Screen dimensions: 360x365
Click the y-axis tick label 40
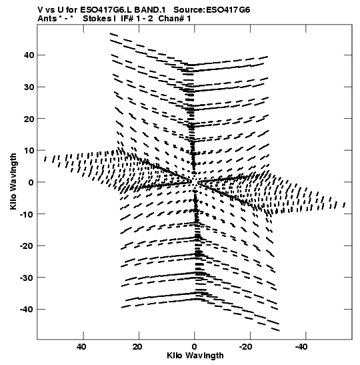point(29,55)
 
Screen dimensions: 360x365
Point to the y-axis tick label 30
point(29,87)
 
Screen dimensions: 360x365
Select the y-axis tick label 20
point(29,119)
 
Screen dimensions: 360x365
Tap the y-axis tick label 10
point(29,151)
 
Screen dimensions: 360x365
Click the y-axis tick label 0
point(31,182)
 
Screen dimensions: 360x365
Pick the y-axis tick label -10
point(27,214)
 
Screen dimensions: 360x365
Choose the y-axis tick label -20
point(27,246)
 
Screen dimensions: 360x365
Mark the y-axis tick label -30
point(27,278)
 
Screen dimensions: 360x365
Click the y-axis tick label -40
point(27,310)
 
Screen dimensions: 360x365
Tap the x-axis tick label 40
point(81,347)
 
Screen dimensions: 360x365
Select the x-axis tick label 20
point(137,347)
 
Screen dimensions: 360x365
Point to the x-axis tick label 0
point(195,347)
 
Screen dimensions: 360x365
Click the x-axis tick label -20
point(245,347)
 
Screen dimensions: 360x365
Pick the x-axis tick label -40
point(301,347)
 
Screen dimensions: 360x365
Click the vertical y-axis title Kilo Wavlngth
point(13,181)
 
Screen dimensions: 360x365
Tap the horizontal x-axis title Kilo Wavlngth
point(195,356)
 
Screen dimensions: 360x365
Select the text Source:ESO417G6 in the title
point(212,10)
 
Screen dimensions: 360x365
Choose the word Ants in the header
point(47,19)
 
